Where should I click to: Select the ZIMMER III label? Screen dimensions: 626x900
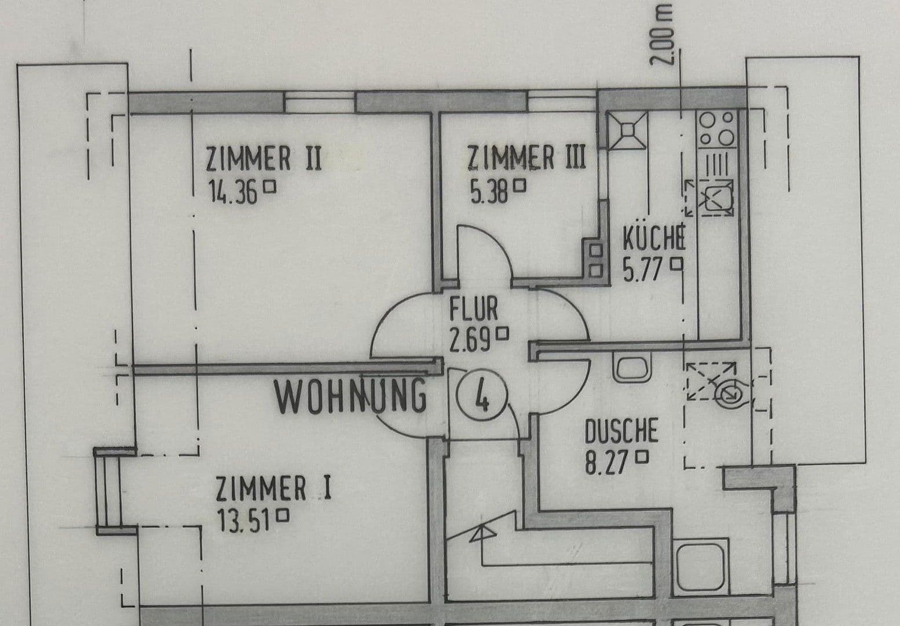pyautogui.click(x=526, y=157)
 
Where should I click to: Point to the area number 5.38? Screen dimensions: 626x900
pyautogui.click(x=489, y=191)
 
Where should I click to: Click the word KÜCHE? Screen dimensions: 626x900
pyautogui.click(x=654, y=238)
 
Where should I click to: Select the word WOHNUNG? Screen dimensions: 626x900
pyautogui.click(x=350, y=398)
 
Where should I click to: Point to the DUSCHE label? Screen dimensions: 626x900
pyautogui.click(x=621, y=432)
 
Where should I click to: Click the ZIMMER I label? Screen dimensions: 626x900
pyautogui.click(x=273, y=489)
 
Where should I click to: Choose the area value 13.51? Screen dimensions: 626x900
pyautogui.click(x=244, y=520)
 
